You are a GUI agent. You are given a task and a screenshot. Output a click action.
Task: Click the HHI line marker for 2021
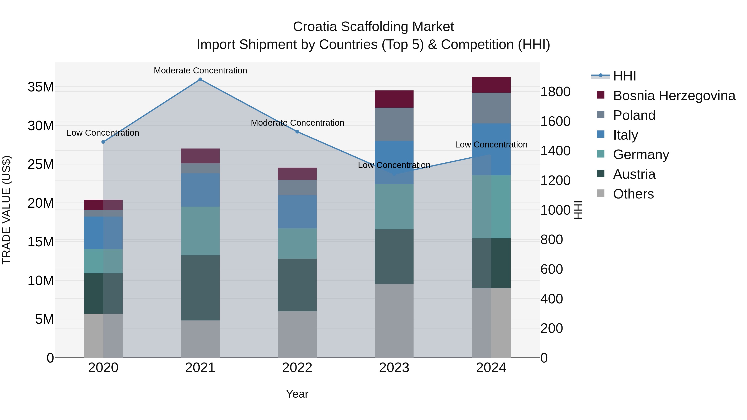click(200, 79)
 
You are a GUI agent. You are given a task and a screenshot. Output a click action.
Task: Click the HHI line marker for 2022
click(297, 131)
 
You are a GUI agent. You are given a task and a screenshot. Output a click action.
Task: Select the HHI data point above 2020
click(103, 142)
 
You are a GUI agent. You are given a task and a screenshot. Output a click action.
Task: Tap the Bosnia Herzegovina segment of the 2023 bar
click(394, 99)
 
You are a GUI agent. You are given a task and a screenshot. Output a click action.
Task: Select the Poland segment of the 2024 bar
click(491, 108)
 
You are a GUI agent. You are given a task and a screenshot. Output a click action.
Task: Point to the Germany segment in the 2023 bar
click(394, 206)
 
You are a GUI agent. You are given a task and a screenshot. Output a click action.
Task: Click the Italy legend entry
click(625, 135)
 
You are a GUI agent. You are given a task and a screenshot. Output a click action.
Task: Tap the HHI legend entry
click(624, 76)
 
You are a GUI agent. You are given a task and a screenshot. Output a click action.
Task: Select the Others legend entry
click(633, 194)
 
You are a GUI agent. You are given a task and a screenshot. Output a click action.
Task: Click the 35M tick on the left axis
click(41, 87)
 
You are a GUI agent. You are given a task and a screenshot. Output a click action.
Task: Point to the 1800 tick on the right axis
click(555, 92)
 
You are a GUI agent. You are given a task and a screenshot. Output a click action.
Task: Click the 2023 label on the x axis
click(394, 368)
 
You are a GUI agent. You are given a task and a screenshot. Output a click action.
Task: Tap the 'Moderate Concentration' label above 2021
click(200, 71)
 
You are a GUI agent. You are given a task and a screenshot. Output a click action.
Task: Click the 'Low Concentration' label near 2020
click(103, 133)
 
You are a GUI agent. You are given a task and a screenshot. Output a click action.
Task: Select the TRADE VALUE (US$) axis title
click(6, 210)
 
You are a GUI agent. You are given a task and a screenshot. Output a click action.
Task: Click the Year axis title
click(297, 394)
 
